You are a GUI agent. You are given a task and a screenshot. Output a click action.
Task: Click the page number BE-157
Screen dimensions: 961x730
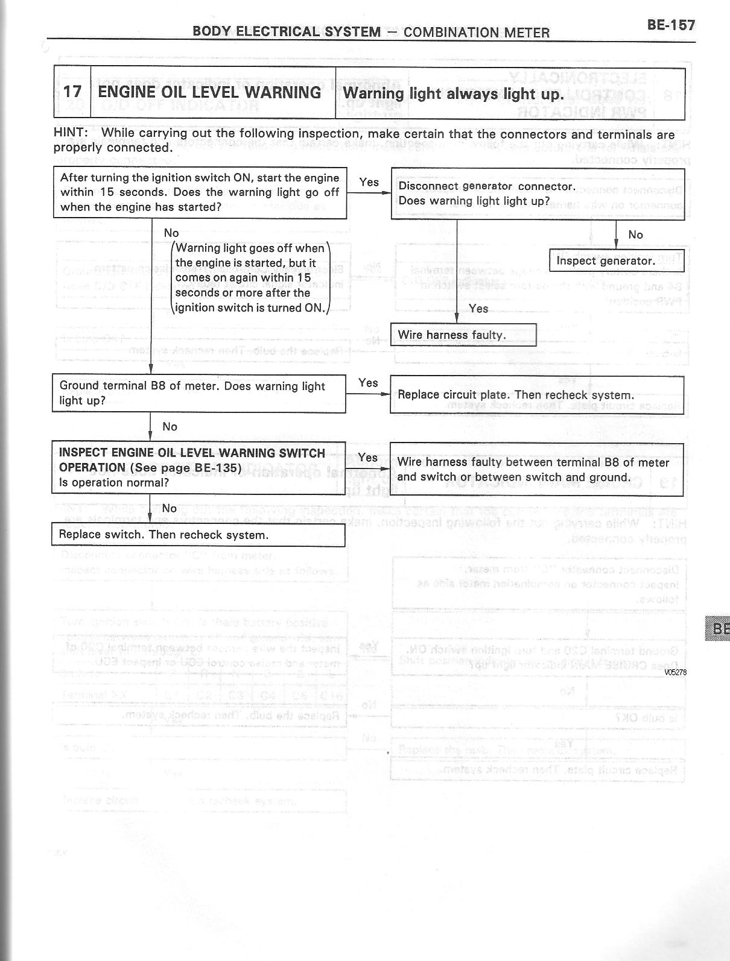[671, 25]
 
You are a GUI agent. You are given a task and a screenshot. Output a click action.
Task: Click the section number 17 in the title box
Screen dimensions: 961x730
[72, 92]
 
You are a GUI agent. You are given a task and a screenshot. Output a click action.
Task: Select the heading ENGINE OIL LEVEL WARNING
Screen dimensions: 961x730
[209, 92]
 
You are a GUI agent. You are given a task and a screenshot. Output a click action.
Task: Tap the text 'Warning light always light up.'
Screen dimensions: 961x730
[453, 94]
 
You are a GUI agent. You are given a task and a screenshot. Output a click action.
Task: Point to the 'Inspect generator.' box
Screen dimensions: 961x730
[616, 260]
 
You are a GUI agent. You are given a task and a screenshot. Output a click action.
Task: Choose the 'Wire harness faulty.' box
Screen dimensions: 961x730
[463, 335]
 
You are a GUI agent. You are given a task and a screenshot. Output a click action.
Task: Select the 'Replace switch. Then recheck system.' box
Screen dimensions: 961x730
[198, 535]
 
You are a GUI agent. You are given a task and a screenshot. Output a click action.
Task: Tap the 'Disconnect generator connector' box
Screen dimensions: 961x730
[538, 194]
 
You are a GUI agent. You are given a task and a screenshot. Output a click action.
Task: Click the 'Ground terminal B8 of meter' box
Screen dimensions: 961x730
[198, 393]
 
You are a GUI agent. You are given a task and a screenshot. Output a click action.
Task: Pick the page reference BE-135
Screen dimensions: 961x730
[218, 468]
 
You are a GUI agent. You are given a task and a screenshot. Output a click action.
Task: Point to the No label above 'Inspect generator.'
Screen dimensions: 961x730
[635, 235]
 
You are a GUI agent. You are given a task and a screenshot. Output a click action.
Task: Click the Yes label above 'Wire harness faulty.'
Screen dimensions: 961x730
[478, 308]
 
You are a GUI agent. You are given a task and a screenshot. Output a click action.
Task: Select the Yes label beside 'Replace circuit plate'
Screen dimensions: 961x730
[368, 383]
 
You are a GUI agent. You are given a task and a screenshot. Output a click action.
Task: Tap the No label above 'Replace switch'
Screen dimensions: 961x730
[170, 508]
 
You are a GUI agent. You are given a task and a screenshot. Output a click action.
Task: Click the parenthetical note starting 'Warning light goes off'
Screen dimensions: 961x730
[250, 278]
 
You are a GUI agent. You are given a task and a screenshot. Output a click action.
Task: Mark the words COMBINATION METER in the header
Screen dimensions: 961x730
[476, 32]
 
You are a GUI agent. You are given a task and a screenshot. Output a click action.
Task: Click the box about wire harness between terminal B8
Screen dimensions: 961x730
[536, 470]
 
